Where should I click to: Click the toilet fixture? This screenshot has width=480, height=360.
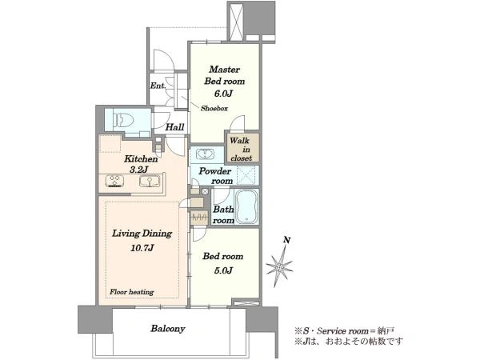click(123, 119)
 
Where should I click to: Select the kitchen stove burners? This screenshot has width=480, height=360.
click(114, 181)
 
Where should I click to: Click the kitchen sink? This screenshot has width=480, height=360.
click(150, 181)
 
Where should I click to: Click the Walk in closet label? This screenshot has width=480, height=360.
click(242, 150)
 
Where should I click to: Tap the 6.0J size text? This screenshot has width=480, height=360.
click(223, 94)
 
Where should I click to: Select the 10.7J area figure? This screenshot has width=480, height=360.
click(142, 248)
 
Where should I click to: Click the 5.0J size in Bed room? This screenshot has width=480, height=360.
click(222, 270)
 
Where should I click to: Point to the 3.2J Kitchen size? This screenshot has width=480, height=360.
click(139, 170)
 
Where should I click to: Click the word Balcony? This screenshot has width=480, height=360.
click(168, 329)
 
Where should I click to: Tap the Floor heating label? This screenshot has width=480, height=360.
click(132, 292)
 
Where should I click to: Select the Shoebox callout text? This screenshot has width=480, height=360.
click(214, 108)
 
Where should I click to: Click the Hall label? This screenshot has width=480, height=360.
click(174, 126)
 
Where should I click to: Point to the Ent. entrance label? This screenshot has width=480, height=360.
click(158, 86)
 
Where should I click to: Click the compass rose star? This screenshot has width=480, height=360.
click(279, 267)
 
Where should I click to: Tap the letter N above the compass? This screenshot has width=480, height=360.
click(286, 240)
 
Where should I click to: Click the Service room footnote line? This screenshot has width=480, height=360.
click(344, 330)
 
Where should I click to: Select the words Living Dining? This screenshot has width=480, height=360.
click(142, 234)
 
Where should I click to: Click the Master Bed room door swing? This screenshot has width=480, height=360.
click(238, 124)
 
